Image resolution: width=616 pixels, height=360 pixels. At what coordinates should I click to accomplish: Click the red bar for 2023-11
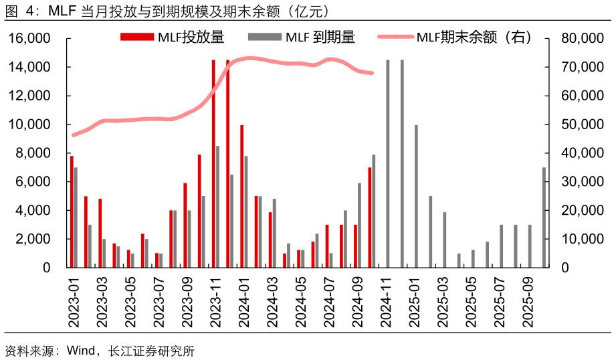tap(213, 163)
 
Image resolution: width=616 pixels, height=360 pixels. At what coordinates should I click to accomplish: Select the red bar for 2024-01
tap(242, 196)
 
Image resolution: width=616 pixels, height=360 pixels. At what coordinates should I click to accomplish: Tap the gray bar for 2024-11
tap(388, 163)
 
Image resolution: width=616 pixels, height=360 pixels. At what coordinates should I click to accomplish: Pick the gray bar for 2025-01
tap(416, 196)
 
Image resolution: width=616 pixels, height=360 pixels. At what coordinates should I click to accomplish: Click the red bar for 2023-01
tap(72, 211)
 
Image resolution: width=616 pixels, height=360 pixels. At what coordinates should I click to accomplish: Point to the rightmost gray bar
tap(544, 217)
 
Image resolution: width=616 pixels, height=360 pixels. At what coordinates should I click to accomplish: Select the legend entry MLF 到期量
tap(300, 37)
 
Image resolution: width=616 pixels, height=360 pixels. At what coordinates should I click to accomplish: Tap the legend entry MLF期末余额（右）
tap(455, 37)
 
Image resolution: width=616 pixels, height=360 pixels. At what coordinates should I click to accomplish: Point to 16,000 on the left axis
tap(30, 39)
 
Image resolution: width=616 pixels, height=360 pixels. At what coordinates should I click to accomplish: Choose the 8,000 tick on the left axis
tap(34, 153)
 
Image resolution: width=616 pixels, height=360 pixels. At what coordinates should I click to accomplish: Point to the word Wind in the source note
tap(78, 350)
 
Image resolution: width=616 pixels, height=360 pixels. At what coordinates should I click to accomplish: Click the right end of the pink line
tap(372, 73)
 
